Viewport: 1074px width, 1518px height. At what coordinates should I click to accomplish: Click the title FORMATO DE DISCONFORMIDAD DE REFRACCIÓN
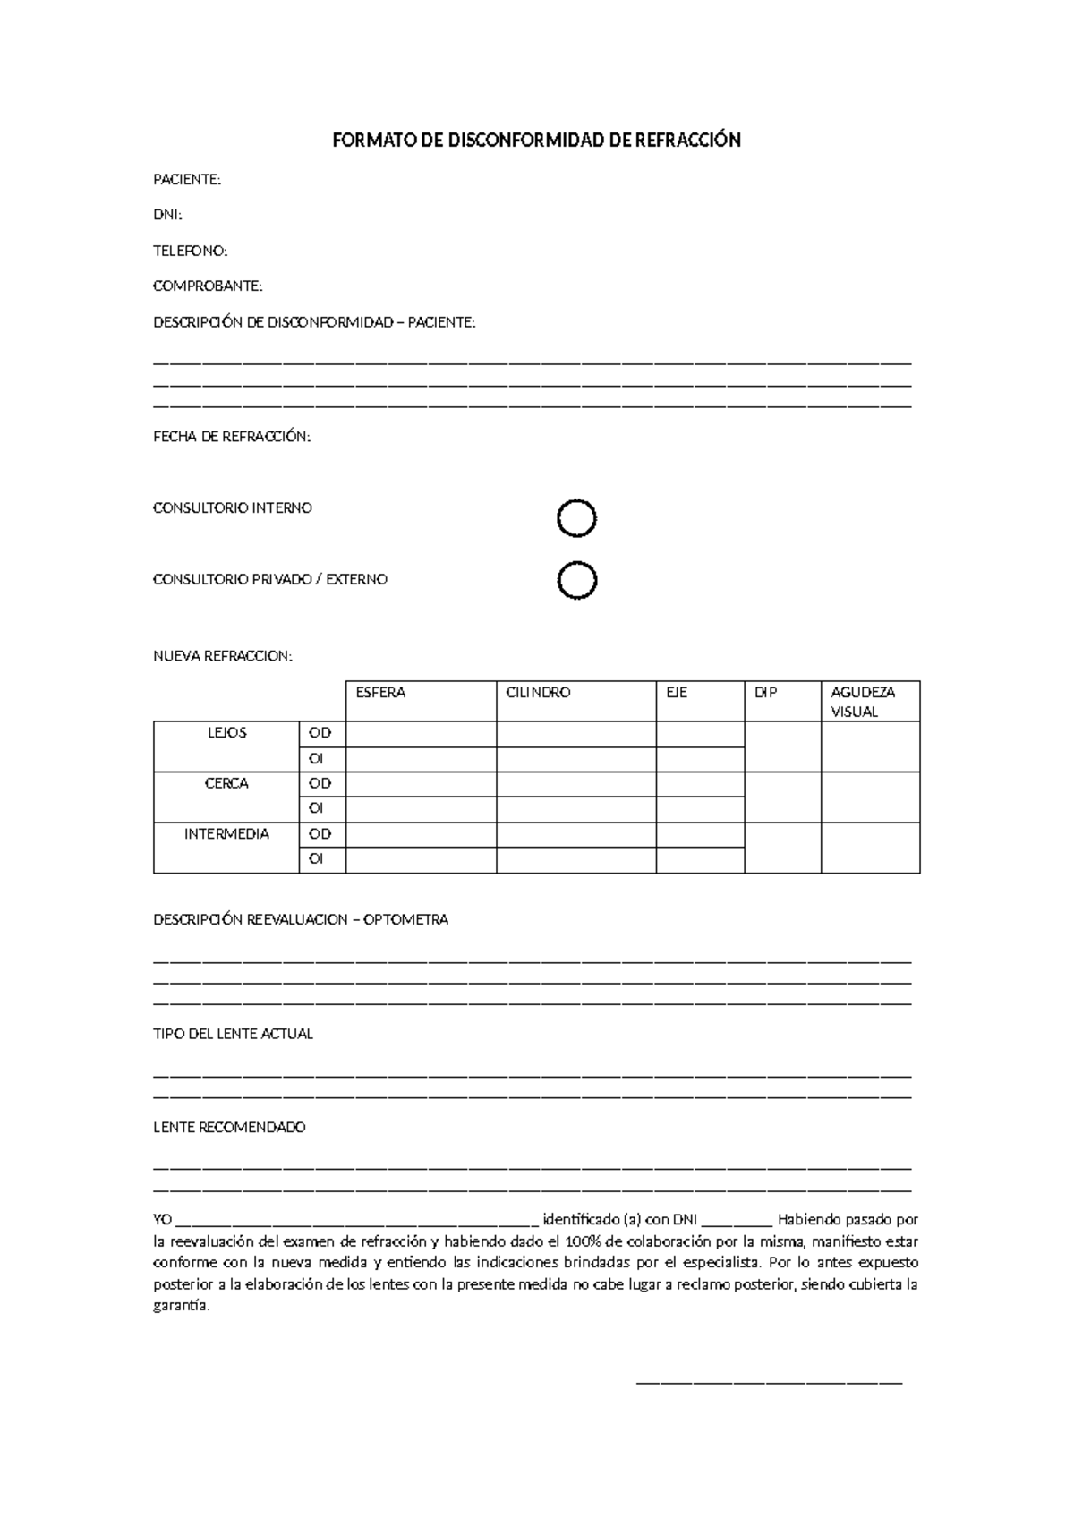pos(536,141)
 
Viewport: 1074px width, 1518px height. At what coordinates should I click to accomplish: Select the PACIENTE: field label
pos(186,180)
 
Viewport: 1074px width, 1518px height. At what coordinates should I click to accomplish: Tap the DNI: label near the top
pos(167,216)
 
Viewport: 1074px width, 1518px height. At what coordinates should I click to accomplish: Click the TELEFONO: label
pos(190,252)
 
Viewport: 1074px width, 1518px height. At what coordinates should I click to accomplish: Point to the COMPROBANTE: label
pos(208,286)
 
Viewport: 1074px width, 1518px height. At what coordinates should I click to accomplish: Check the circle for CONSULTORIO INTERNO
pos(576,518)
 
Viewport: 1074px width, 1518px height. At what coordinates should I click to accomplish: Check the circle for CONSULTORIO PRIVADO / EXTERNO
pos(576,581)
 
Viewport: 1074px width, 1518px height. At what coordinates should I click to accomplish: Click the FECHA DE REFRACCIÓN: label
pos(232,437)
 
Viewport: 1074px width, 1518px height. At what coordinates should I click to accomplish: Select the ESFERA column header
pos(380,693)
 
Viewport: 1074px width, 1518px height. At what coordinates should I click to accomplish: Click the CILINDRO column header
pos(538,693)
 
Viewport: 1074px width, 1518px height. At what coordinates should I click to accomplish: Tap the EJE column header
pos(677,693)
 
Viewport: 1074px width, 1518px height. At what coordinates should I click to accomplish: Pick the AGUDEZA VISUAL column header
pos(862,702)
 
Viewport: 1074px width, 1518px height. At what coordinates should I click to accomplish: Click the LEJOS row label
pos(226,733)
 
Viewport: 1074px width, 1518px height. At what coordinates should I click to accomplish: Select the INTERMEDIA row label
pos(226,834)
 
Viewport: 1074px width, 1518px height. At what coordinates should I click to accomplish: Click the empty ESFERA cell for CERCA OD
pos(421,784)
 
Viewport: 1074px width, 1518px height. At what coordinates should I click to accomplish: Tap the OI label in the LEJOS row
pos(316,759)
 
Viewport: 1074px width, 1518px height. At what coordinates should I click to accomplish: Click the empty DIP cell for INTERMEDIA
pos(782,847)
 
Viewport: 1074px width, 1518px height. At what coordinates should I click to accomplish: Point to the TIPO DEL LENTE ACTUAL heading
pos(233,1034)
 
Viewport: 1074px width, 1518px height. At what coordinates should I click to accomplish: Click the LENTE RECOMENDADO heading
pos(229,1128)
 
